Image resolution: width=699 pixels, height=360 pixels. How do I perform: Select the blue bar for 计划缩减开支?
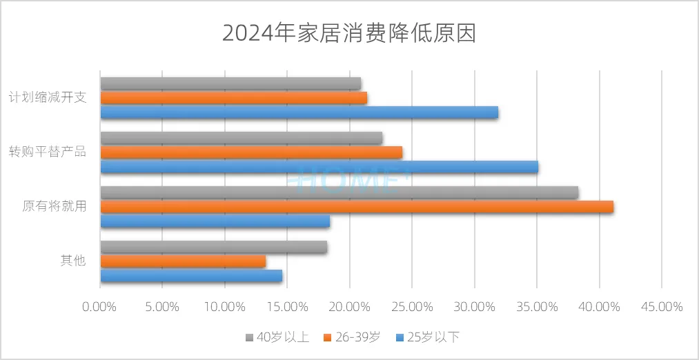[x=299, y=112]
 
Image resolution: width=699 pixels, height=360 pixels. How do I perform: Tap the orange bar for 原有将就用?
[x=357, y=207]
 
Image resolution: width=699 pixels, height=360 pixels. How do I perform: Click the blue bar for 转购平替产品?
[x=319, y=166]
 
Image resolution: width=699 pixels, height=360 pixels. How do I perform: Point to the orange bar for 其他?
[x=183, y=261]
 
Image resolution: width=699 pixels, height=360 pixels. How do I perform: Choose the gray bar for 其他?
[x=213, y=247]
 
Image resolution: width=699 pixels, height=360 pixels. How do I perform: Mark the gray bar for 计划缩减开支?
[x=230, y=83]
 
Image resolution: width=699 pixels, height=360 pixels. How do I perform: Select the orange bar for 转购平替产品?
[x=251, y=152]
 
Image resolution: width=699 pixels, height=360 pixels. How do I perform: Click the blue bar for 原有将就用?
[x=215, y=221]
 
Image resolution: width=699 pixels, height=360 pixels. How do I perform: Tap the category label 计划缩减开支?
[x=48, y=97]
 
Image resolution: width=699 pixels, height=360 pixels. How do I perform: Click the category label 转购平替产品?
[x=48, y=152]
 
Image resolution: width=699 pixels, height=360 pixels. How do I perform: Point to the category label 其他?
[x=72, y=261]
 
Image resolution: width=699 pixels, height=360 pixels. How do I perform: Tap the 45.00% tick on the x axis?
[x=661, y=306]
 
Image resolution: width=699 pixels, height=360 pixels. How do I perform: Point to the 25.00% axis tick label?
[x=411, y=306]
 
